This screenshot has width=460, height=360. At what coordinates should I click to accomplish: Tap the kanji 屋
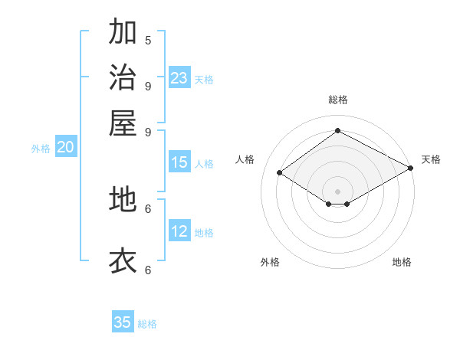[x=123, y=123]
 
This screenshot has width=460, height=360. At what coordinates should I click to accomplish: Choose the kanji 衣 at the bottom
[x=123, y=260]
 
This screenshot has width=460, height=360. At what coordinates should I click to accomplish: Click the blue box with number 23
[x=179, y=78]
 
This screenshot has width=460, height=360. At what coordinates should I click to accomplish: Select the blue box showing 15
[x=179, y=162]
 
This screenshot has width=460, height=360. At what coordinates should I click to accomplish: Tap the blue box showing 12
[x=179, y=231]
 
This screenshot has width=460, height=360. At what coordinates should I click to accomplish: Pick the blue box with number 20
[x=65, y=148]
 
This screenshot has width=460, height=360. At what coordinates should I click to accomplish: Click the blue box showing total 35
[x=123, y=322]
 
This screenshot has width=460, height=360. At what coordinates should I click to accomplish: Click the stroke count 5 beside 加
[x=148, y=40]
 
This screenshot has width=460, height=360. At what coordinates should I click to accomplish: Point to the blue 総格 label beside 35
[x=147, y=324]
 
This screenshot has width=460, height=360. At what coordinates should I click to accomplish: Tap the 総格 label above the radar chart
[x=338, y=100]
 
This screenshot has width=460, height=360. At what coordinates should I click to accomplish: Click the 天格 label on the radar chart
[x=431, y=159]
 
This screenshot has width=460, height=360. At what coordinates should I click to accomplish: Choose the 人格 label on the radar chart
[x=245, y=159]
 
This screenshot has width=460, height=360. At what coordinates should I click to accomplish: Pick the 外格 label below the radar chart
[x=270, y=262]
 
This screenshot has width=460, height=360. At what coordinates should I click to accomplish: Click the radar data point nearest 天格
[x=411, y=168]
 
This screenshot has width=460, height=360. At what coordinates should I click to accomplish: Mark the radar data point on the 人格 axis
[x=280, y=173]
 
